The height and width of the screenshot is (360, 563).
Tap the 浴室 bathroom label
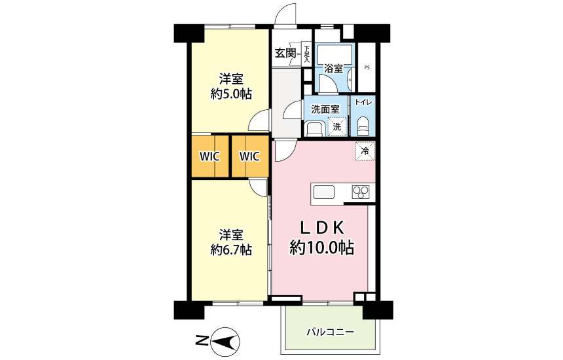[334, 67]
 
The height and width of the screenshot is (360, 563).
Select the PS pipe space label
[367, 67]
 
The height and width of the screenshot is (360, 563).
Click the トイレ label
[363, 102]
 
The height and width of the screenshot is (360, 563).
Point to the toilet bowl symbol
[363, 125]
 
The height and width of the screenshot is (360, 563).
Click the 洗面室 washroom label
[325, 109]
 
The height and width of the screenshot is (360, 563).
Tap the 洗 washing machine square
[336, 126]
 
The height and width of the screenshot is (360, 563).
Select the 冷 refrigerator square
[365, 151]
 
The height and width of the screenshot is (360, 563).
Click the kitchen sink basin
[324, 192]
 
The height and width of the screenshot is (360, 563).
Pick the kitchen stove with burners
[361, 192]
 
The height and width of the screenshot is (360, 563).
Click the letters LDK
[322, 228]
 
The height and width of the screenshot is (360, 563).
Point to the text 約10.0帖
[322, 248]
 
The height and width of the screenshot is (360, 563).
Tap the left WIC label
[210, 156]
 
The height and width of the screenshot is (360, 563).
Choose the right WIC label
[249, 156]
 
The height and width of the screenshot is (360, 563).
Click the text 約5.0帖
[231, 94]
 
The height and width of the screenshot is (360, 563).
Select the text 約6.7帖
[231, 249]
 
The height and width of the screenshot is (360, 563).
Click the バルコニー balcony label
[331, 333]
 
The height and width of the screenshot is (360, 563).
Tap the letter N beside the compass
[201, 340]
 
